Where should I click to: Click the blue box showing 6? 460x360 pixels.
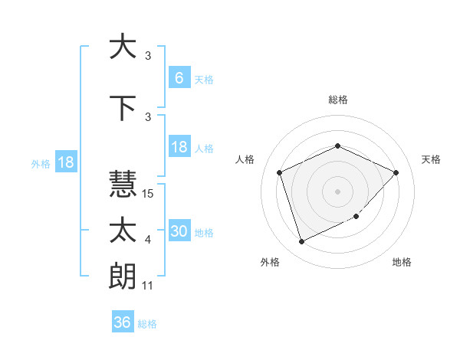click(179, 77)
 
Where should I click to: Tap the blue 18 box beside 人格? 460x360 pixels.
click(179, 147)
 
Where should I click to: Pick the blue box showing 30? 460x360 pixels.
click(179, 231)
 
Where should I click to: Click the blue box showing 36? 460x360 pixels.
click(122, 322)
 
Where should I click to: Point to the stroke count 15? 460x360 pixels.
click(149, 194)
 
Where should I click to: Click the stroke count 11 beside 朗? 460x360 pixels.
click(149, 286)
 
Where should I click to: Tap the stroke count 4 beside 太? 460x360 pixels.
click(148, 241)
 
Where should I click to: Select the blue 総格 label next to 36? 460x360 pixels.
click(147, 324)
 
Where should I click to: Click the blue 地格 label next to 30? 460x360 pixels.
click(204, 233)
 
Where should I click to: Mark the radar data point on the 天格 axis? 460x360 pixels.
click(396, 172)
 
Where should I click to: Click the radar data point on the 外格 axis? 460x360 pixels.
click(301, 242)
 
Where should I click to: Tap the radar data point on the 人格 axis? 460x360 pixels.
click(280, 172)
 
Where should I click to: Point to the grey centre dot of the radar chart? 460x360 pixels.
click(337, 191)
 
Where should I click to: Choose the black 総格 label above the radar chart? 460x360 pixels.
click(338, 100)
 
